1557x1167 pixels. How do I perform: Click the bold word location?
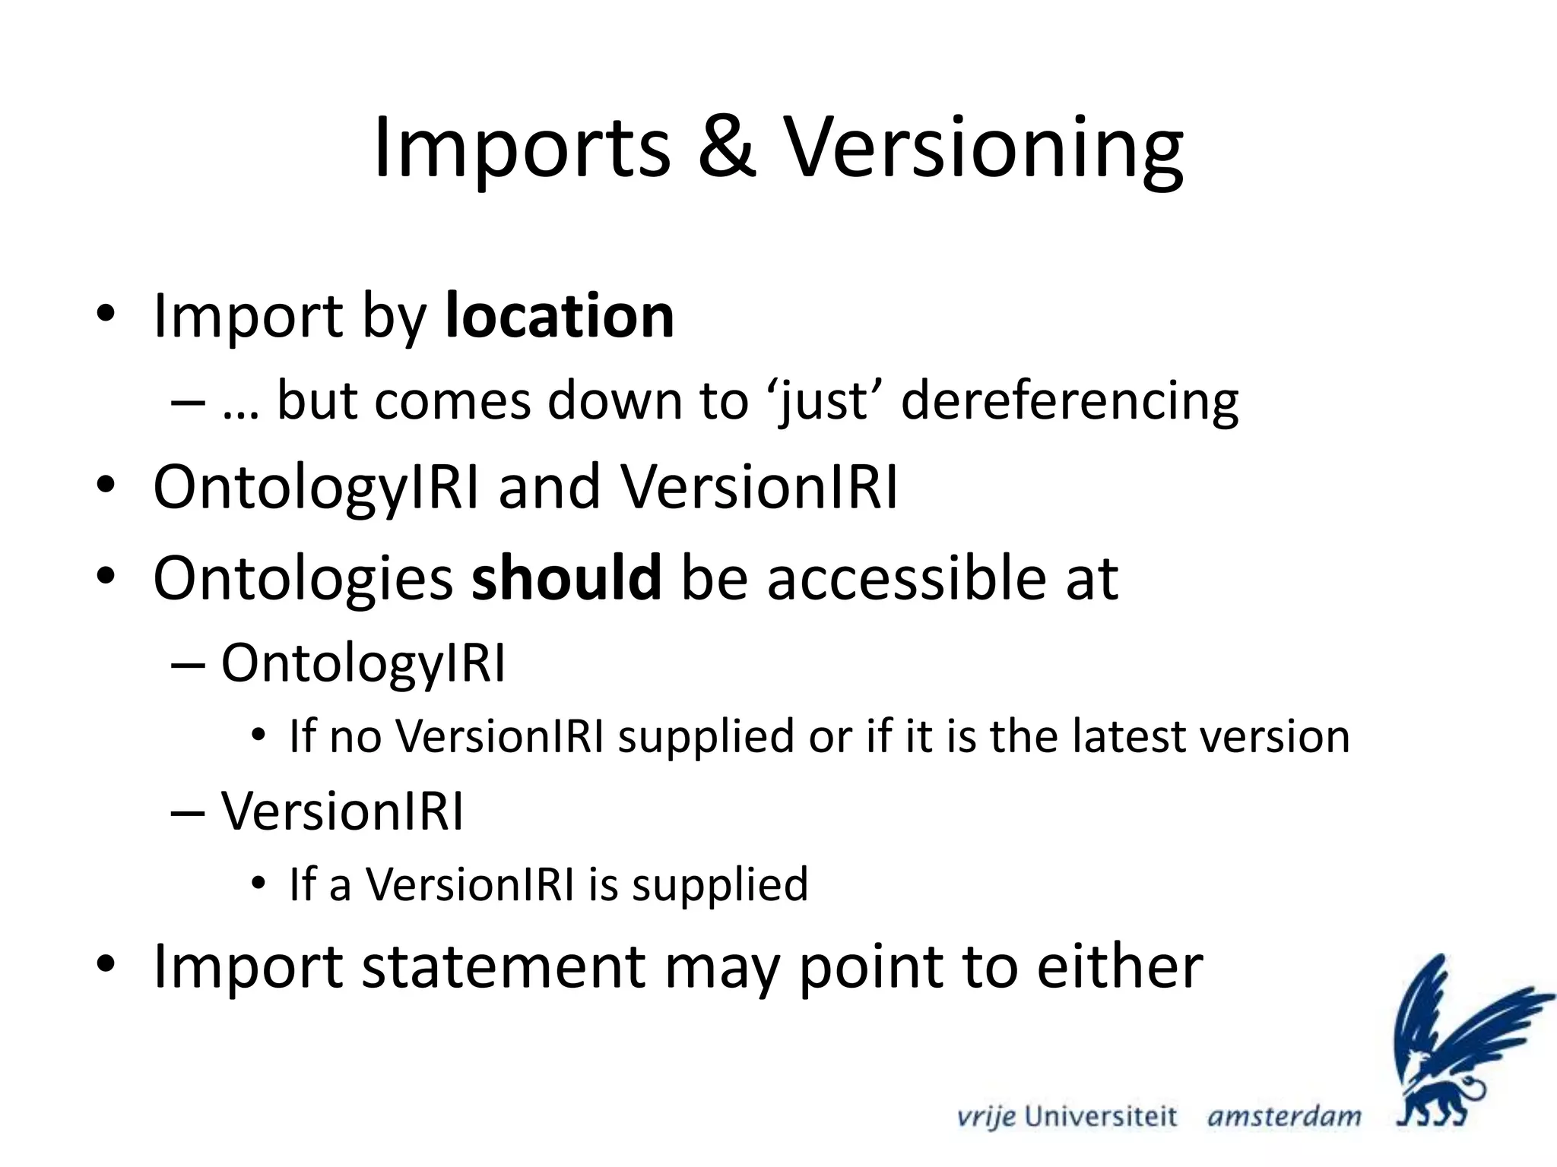click(x=560, y=315)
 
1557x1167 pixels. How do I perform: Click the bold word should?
click(x=566, y=578)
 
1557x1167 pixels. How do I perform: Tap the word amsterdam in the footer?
click(x=1284, y=1116)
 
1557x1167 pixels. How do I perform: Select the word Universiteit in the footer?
click(x=1100, y=1116)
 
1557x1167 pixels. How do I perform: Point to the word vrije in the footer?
click(x=985, y=1117)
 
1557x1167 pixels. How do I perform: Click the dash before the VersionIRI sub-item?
click(x=188, y=812)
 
